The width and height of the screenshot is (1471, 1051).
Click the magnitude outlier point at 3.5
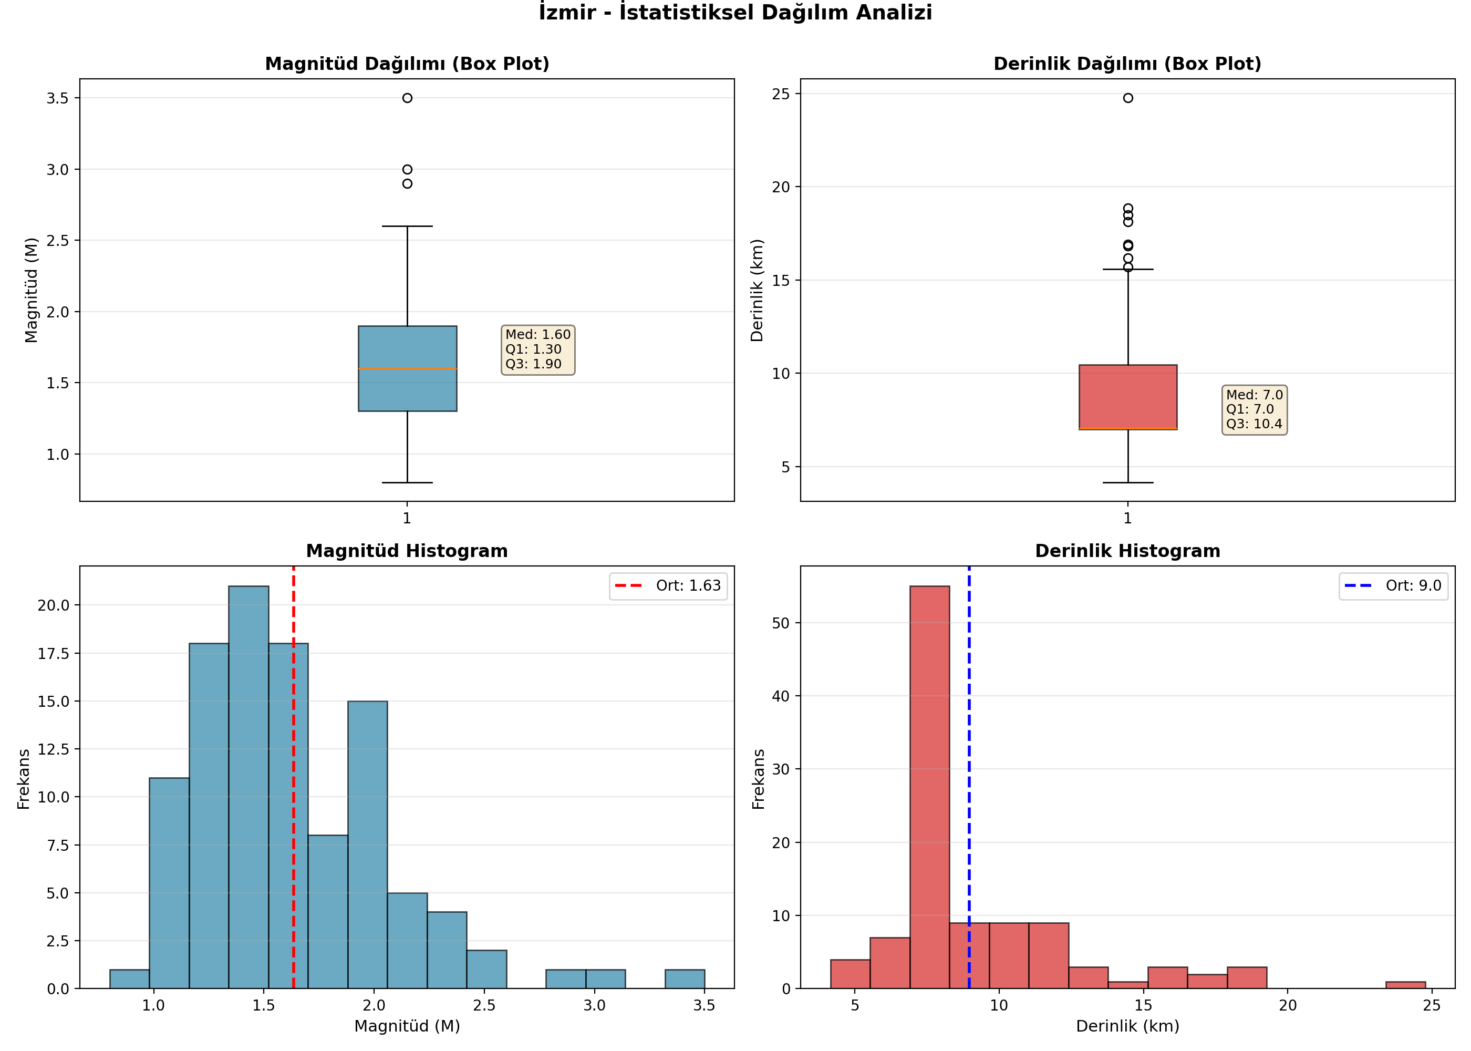pyautogui.click(x=407, y=98)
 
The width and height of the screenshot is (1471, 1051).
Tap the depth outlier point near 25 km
pyautogui.click(x=1128, y=98)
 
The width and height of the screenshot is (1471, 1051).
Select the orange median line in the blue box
pyautogui.click(x=408, y=369)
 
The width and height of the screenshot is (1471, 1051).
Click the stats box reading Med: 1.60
pyautogui.click(x=538, y=350)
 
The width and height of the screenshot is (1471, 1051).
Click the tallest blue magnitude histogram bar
pyautogui.click(x=248, y=787)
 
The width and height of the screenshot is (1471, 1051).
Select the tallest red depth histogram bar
pyautogui.click(x=929, y=787)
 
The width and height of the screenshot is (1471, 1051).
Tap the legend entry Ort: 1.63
pyautogui.click(x=668, y=586)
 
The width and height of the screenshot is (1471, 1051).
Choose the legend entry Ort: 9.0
pyautogui.click(x=1393, y=586)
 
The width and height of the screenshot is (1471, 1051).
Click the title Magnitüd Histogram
pyautogui.click(x=407, y=551)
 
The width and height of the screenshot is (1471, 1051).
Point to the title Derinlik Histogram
pyautogui.click(x=1127, y=551)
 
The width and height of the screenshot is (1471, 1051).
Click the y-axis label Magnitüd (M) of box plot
pyautogui.click(x=31, y=290)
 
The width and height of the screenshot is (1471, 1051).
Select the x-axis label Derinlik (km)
pyautogui.click(x=1127, y=1026)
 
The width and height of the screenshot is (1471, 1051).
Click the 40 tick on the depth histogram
pyautogui.click(x=781, y=696)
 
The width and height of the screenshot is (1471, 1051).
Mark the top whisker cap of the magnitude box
pyautogui.click(x=408, y=226)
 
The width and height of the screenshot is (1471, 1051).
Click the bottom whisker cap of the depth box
pyautogui.click(x=1128, y=483)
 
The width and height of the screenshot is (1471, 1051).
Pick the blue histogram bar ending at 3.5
pyautogui.click(x=685, y=978)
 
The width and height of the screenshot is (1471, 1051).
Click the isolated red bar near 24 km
pyautogui.click(x=1406, y=985)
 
